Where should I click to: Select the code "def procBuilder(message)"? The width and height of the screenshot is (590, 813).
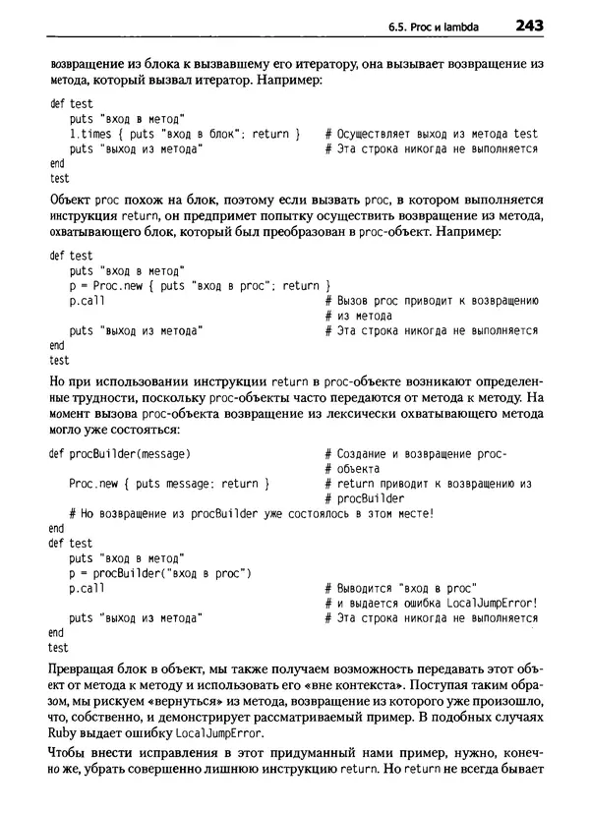(119, 454)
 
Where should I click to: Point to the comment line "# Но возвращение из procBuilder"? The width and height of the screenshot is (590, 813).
(251, 513)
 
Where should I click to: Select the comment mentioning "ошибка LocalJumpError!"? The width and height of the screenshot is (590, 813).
(431, 603)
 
